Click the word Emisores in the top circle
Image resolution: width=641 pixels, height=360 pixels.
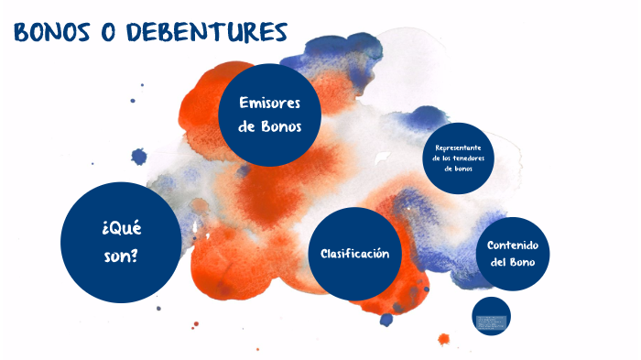(x=269, y=103)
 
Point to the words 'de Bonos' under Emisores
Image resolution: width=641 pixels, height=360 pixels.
(x=269, y=126)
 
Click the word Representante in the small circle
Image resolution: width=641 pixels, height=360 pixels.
(x=464, y=147)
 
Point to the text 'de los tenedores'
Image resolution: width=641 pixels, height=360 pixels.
(x=464, y=158)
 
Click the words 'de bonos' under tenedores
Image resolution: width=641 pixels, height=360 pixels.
(x=464, y=169)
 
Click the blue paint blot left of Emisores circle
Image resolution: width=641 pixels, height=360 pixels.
(x=139, y=157)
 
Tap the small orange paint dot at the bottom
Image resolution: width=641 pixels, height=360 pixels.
(x=444, y=339)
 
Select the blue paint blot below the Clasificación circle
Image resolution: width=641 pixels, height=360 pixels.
(x=386, y=319)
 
